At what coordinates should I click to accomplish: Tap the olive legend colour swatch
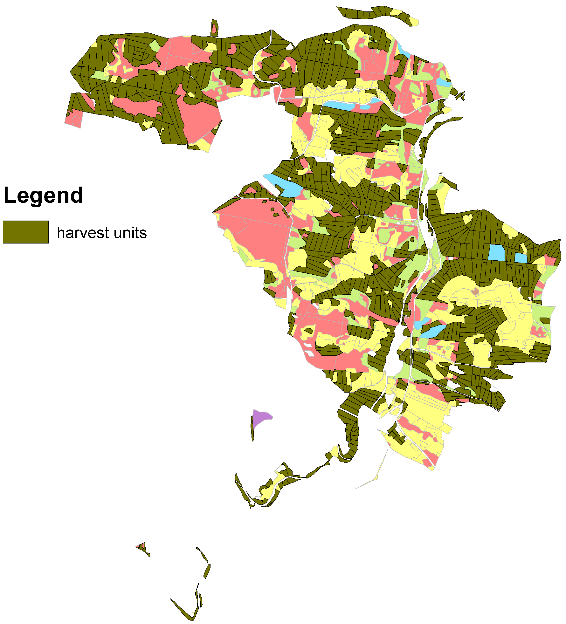tap(25, 232)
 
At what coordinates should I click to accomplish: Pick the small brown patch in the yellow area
tap(475, 291)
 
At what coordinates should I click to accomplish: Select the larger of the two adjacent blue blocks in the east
tap(496, 252)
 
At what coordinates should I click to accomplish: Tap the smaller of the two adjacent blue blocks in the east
tap(521, 258)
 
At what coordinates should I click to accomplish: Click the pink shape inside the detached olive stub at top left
tap(214, 28)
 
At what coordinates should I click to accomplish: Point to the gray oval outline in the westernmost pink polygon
tap(76, 120)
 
